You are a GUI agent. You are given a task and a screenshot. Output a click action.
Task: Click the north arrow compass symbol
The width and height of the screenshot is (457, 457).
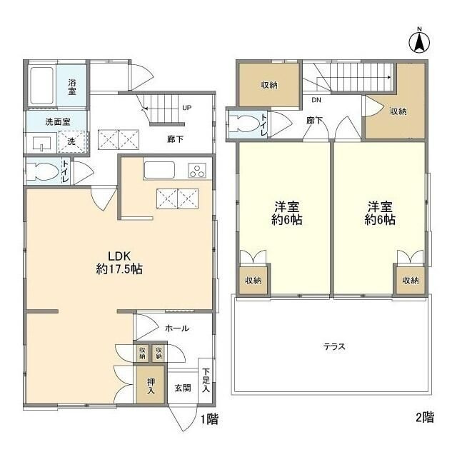[419, 42]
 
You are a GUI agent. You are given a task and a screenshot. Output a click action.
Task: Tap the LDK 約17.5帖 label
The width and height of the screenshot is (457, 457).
[119, 262]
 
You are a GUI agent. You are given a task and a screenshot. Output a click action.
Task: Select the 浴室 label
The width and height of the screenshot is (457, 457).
[72, 86]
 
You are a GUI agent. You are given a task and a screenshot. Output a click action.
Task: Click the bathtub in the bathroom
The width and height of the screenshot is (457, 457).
[42, 86]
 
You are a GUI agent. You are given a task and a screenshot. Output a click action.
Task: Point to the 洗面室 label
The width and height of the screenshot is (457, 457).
[58, 121]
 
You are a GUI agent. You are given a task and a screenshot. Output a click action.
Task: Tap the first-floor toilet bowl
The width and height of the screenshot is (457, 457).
[42, 171]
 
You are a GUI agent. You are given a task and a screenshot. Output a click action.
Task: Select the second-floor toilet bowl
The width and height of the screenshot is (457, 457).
[244, 123]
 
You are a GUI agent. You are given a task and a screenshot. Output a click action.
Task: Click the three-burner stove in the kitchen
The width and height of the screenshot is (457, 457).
[197, 171]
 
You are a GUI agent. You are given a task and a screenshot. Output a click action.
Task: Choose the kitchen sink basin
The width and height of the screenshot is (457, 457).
[159, 170]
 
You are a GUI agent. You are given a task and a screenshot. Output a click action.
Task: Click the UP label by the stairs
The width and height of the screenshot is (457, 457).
[187, 108]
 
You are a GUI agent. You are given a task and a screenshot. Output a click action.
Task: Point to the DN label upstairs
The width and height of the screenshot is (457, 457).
[316, 100]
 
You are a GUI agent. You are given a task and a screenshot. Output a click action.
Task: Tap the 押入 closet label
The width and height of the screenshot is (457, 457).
[151, 386]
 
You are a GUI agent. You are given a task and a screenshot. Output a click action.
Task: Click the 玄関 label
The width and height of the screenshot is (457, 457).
[183, 388]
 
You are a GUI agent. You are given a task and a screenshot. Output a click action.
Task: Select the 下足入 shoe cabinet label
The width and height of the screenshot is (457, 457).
[206, 380]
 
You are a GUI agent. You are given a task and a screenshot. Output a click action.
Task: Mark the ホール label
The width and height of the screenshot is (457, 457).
[177, 328]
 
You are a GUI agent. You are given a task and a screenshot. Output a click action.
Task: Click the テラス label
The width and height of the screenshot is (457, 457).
[334, 346]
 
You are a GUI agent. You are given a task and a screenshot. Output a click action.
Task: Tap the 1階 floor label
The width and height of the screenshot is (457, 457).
[209, 419]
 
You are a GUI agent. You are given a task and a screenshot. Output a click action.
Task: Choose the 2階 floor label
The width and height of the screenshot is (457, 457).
[425, 417]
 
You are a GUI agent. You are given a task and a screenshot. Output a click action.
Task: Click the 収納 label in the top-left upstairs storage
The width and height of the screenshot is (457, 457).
[269, 85]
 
